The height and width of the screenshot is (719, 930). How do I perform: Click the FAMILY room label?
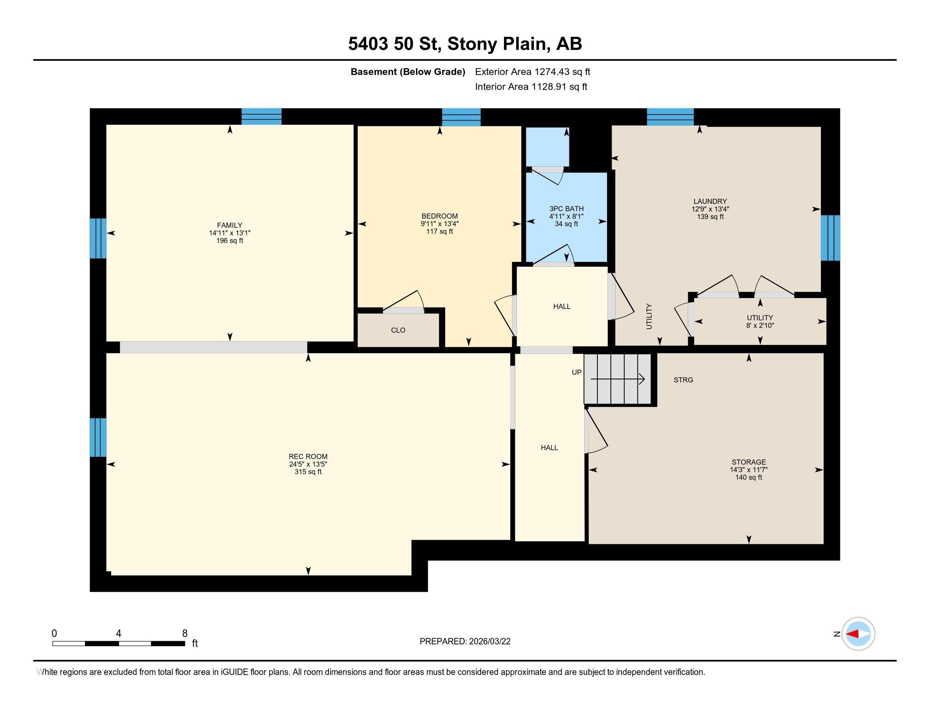coord(230,225)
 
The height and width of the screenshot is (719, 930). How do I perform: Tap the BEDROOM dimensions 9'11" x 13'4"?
coord(440,224)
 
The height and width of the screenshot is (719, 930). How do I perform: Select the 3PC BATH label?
coord(566,209)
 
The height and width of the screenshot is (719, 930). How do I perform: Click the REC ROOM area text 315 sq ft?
coord(308,472)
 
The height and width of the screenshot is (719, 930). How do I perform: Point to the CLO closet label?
coord(398,330)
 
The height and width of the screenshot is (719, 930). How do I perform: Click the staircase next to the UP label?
coord(618,379)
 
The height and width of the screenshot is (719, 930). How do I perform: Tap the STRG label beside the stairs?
coord(683,380)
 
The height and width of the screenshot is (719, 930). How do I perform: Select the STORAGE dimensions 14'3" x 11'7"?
coord(749,470)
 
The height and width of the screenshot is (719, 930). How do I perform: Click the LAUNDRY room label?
coord(710,201)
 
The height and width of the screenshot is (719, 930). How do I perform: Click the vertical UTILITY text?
coord(649,316)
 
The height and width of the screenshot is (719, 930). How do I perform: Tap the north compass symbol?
coord(858,634)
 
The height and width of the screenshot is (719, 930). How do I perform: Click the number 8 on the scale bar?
coord(185,634)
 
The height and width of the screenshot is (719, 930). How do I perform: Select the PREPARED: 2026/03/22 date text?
coord(465,642)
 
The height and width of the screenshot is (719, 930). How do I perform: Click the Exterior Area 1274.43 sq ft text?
coord(532,72)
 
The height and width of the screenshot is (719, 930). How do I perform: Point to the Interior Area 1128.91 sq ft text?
coord(531,87)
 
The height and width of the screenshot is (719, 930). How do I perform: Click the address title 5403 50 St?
coord(394,44)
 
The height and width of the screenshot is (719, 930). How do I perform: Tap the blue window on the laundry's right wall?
coord(830,238)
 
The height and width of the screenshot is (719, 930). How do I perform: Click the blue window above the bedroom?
coord(461,117)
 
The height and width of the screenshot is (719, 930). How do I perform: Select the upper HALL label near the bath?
coord(562,306)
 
